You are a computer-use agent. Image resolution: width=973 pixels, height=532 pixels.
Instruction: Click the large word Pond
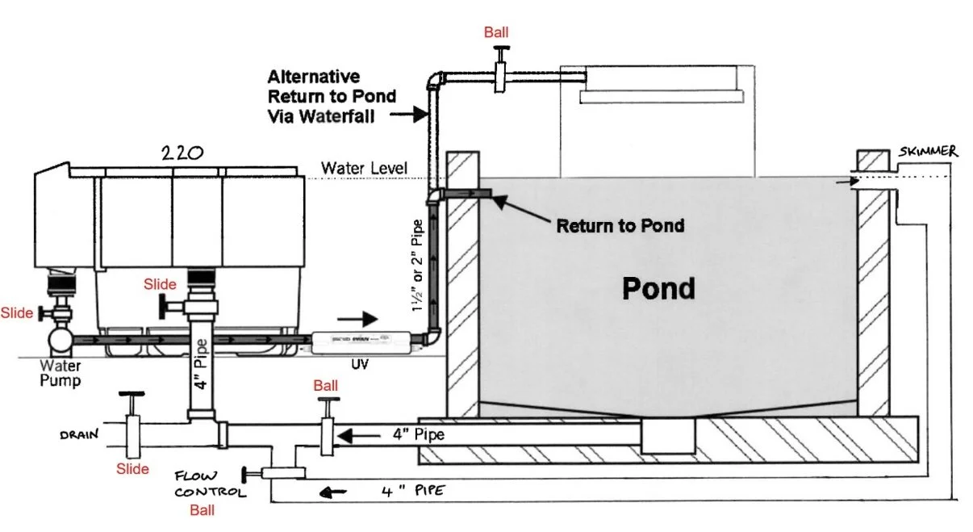tap(658, 287)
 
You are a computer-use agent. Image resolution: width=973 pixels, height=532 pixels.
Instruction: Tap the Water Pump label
tap(61, 372)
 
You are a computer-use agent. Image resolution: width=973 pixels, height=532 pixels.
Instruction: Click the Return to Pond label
tap(620, 225)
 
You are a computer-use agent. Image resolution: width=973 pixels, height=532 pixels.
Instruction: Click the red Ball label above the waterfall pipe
tap(497, 33)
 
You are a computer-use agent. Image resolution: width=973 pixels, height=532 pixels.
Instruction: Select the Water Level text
tap(364, 168)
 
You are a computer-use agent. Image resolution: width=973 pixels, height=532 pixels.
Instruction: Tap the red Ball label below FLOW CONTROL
tap(202, 510)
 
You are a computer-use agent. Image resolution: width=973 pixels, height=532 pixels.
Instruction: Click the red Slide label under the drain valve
tap(132, 468)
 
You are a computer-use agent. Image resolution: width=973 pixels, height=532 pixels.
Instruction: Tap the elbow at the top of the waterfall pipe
tap(436, 80)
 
